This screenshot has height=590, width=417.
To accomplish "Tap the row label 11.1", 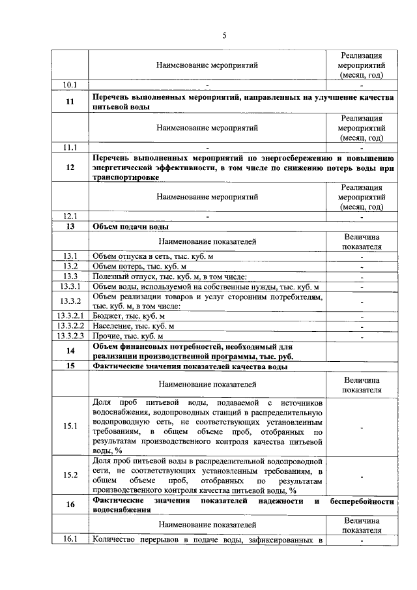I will (70, 147).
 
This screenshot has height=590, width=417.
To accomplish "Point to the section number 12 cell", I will (70, 168).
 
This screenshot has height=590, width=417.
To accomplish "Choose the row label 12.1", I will (70, 216).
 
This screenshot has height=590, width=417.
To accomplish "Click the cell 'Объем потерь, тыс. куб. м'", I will (140, 267).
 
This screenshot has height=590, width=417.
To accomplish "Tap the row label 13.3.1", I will (70, 287).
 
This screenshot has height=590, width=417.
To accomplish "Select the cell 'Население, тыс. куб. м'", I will (134, 326).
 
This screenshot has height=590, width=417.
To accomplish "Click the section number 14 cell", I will (70, 351).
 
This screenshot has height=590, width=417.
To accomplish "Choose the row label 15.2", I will (70, 475).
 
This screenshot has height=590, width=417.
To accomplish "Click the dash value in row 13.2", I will (360, 267).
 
